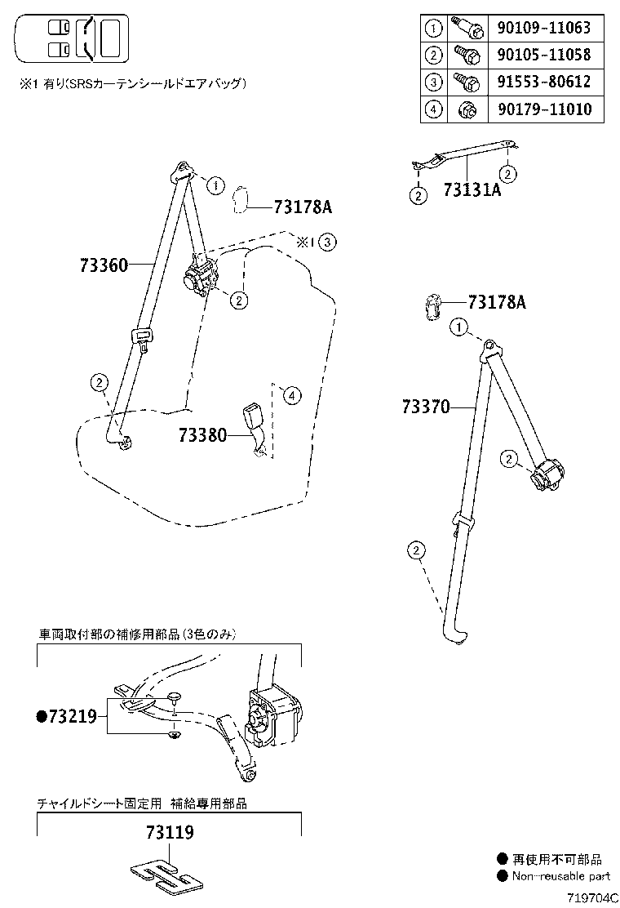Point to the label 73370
point(425,406)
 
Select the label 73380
point(202,435)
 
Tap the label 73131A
point(472,190)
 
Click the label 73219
point(67,717)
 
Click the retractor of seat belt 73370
point(547,475)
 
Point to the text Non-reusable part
point(560,876)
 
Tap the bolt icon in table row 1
point(472,29)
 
